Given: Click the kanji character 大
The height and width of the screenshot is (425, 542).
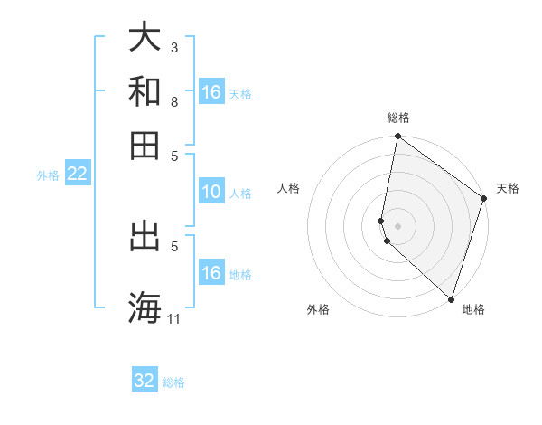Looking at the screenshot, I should (145, 37).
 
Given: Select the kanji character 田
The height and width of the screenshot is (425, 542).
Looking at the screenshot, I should (145, 145).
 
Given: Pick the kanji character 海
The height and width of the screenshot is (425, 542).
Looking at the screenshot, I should (145, 306).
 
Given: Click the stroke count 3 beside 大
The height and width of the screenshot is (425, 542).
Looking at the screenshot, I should (174, 46).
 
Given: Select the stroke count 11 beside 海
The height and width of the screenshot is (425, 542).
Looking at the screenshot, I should (174, 317).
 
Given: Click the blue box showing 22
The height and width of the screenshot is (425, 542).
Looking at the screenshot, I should (77, 174).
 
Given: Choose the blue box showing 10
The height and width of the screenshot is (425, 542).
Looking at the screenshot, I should (210, 192).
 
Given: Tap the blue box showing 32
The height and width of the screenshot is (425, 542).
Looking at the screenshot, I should (145, 381).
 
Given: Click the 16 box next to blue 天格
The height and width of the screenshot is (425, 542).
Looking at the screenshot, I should (211, 92).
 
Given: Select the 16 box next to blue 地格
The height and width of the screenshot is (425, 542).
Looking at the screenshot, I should (210, 273).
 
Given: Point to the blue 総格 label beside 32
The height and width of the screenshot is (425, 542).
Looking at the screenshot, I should (173, 382).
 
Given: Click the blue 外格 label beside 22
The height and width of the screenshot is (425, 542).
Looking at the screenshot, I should (48, 175).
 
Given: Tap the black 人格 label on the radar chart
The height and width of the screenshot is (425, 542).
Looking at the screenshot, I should (289, 188).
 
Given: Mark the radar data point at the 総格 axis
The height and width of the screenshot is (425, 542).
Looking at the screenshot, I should (397, 137).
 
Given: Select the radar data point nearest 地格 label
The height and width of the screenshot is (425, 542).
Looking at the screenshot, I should (451, 299).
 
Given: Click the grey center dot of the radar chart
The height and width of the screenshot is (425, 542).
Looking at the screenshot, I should (397, 225).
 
